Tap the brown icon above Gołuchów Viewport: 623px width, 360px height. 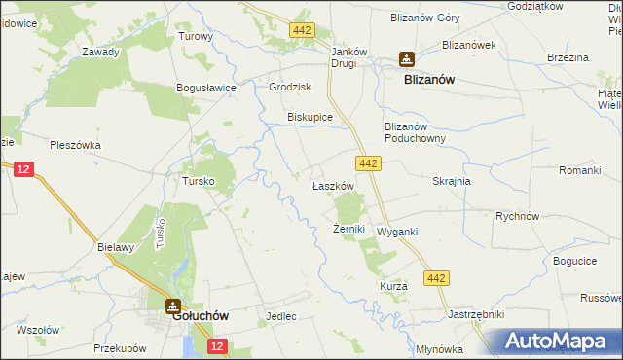click(172, 305)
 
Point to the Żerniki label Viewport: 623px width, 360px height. click(348, 229)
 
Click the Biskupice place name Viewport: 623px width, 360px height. click(310, 117)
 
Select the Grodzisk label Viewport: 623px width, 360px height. click(289, 86)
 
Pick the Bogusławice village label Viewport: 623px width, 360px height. click(206, 88)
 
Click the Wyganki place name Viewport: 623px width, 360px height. click(396, 232)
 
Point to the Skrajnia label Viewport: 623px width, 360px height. click(452, 181)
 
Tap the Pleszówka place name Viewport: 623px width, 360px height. click(75, 145)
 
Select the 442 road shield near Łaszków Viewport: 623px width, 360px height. click(367, 163)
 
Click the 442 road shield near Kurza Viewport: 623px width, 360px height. click(436, 279)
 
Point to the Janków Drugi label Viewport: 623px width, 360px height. click(350, 57)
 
